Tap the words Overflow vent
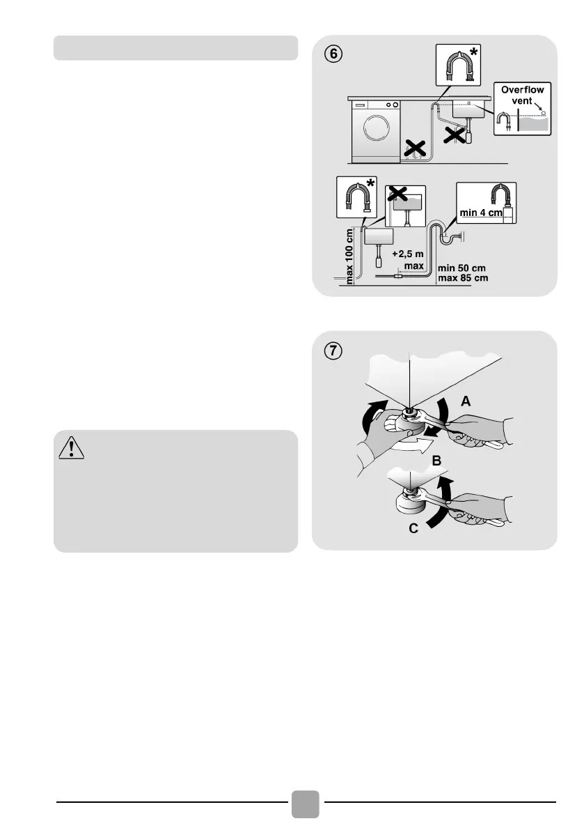(x=522, y=95)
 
